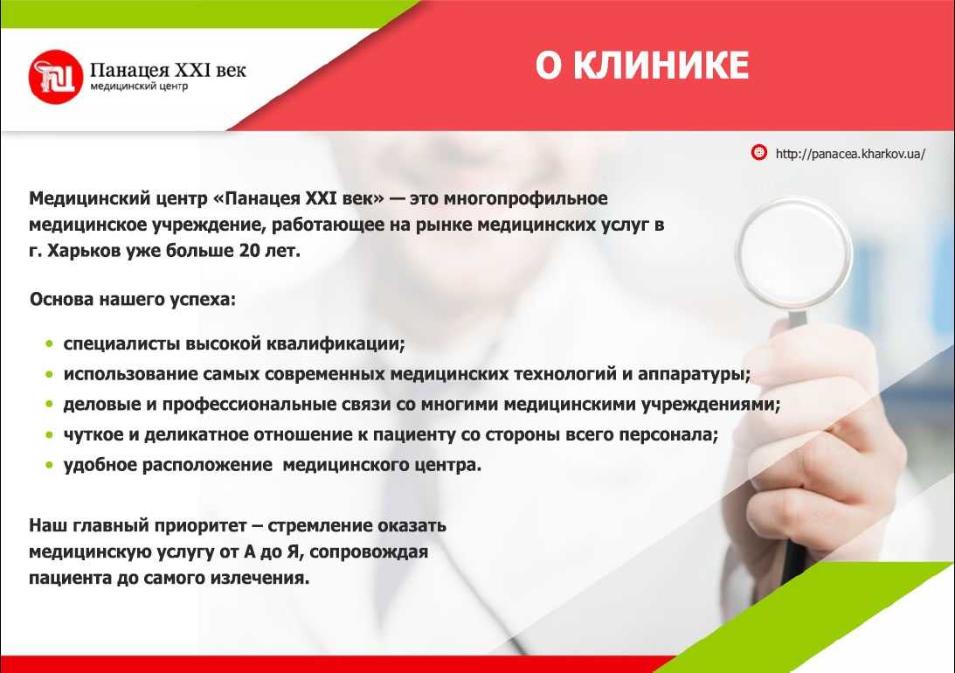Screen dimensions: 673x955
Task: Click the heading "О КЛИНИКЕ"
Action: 642,66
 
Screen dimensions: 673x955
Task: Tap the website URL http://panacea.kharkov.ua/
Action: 849,154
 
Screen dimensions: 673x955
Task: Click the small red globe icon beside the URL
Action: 759,153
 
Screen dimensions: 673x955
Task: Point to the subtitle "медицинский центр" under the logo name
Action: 139,87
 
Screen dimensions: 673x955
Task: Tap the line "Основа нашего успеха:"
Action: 133,300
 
